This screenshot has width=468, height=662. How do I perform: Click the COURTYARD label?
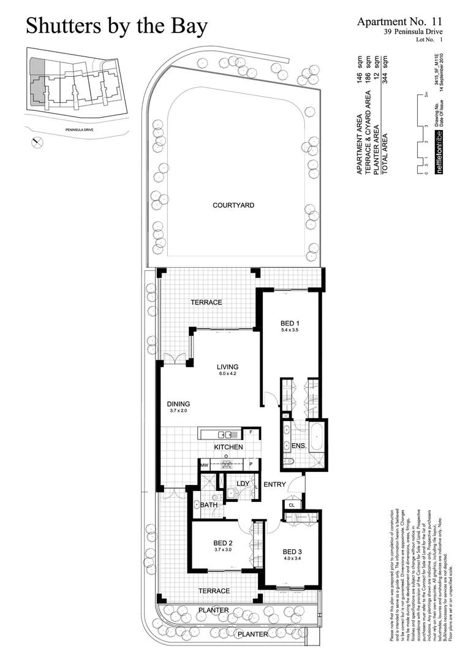[233, 205]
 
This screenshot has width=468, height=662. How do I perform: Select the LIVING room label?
[227, 368]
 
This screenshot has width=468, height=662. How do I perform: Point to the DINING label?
[179, 404]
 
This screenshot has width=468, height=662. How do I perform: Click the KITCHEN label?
[228, 447]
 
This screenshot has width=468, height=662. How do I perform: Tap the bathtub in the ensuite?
[317, 437]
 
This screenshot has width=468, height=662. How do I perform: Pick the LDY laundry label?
[243, 484]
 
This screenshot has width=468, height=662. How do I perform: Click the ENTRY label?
[274, 485]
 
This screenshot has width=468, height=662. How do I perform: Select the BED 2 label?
[223, 542]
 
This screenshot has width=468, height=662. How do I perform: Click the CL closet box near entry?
[292, 506]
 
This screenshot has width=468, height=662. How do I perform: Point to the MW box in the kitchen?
[205, 466]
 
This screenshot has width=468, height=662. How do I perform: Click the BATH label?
[209, 505]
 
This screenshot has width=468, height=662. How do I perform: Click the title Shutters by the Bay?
[117, 26]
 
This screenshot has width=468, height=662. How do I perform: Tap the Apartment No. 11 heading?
[399, 21]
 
